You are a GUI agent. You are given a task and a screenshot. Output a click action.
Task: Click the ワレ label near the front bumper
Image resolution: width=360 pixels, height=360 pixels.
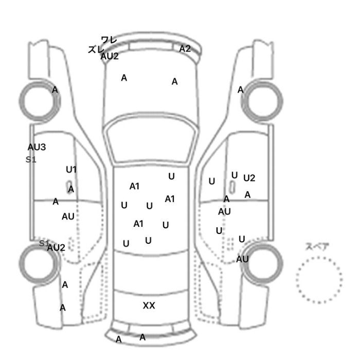tap(109, 40)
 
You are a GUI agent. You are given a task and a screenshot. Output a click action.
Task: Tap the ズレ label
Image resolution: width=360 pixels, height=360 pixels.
tap(96, 49)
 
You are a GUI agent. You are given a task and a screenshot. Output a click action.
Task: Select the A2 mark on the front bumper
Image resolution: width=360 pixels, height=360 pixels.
tap(185, 49)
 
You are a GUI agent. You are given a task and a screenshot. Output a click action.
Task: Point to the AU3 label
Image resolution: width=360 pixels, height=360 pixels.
tap(37, 147)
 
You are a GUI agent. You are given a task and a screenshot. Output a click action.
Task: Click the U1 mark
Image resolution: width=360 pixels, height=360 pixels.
tap(71, 170)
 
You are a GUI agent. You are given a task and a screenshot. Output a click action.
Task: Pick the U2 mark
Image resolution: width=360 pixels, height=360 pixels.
tap(249, 178)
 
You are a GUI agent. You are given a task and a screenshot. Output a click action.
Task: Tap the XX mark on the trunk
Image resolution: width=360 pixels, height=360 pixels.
tap(149, 305)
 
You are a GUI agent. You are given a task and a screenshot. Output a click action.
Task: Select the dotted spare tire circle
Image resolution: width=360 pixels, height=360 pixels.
tap(319, 257)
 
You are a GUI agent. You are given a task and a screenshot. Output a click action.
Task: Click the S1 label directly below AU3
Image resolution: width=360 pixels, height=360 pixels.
tap(31, 159)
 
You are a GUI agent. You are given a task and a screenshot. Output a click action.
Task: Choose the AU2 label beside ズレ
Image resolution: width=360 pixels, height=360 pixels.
tap(110, 56)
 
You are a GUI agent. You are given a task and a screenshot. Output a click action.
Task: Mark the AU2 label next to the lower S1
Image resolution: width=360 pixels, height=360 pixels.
tap(56, 248)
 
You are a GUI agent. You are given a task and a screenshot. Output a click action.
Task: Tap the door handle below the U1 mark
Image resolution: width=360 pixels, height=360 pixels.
tap(69, 187)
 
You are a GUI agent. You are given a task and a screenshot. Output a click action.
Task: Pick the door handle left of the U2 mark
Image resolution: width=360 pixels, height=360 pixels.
tap(232, 187)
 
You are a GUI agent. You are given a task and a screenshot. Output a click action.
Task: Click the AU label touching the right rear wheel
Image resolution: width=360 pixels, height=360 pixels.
tap(242, 259)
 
